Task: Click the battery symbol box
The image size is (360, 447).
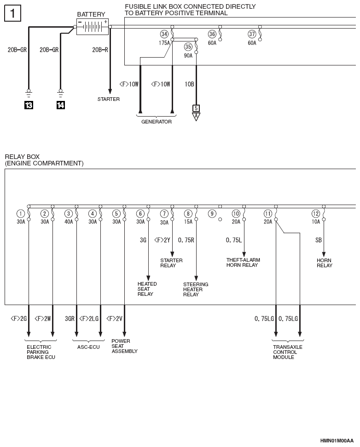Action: coord(93,27)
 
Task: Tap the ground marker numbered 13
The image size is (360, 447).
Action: coord(29,105)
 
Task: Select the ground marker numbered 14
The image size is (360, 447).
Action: coord(61,105)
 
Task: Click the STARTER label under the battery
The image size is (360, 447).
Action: coord(109,99)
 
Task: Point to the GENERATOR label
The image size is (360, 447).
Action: coord(157,122)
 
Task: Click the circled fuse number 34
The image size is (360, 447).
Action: coord(164,34)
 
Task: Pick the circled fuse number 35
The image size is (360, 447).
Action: coord(188,47)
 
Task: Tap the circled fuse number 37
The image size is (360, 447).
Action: coord(252,34)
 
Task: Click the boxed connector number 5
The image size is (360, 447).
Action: coord(196,108)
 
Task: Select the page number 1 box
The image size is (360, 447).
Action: coord(12,13)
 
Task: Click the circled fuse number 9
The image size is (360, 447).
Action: coord(212,213)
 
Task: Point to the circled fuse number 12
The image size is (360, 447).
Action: coord(315,213)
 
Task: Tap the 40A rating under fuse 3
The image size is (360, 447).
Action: coord(69,222)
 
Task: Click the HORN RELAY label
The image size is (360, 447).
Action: coord(325,263)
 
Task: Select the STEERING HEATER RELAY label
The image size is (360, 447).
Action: coord(196,289)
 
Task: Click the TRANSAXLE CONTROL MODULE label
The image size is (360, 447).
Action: coord(288,352)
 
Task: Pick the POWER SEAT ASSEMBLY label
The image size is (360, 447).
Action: coord(124,346)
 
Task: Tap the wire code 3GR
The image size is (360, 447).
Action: coord(70,318)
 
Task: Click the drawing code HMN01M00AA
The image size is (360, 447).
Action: coord(337,441)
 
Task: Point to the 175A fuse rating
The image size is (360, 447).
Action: coord(164,43)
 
